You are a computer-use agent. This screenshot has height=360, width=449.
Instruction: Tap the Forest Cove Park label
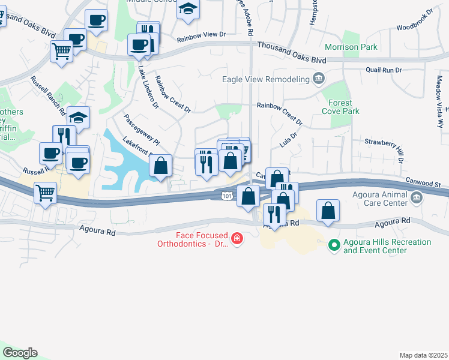pyautogui.click(x=340, y=107)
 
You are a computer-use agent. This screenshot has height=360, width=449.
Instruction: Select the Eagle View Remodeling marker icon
pyautogui.click(x=319, y=79)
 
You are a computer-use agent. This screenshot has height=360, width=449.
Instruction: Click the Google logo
pyautogui.click(x=20, y=353)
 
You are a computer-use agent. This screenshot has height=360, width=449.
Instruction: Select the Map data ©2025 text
pyautogui.click(x=423, y=355)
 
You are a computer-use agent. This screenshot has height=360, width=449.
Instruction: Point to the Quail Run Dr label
pyautogui.click(x=384, y=70)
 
